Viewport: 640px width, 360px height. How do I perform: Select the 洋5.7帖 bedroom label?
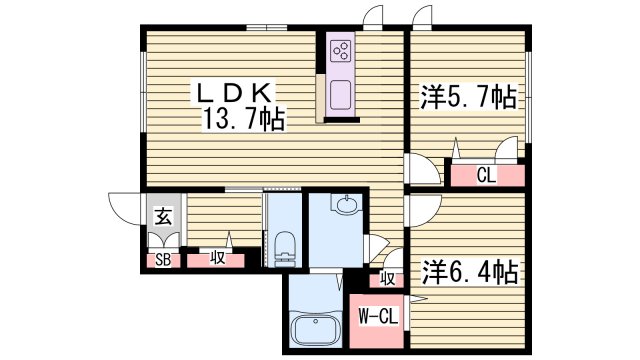coord(466,98)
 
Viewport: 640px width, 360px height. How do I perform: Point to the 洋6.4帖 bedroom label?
coord(468,270)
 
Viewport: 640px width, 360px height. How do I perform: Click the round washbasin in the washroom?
coord(344,207)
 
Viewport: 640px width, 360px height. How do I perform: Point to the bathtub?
coord(315,329)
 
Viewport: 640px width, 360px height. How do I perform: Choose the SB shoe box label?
coord(160,260)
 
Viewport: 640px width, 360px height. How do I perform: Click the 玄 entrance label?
coord(161,212)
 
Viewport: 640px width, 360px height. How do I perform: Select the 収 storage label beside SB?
coord(218,259)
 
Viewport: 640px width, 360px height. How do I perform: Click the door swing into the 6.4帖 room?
coord(419,209)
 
